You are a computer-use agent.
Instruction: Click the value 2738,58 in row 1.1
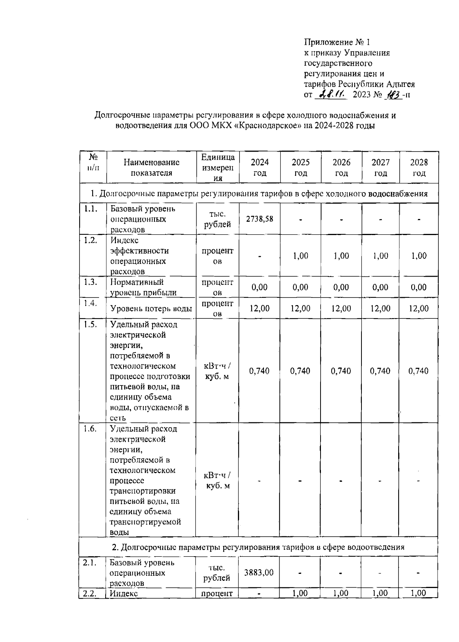pos(259,219)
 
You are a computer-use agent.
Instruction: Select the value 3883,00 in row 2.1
pos(259,572)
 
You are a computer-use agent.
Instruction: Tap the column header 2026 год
pos(341,168)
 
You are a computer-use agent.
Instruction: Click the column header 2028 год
pos(419,168)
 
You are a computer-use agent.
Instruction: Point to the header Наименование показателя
pos(151,168)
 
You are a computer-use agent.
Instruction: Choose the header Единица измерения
pos(218,168)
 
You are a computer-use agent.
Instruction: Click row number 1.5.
pos(90,324)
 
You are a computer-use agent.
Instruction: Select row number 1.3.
pos(90,282)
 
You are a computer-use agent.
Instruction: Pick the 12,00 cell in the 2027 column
pos(380,309)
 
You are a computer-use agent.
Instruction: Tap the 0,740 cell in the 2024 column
pos(259,371)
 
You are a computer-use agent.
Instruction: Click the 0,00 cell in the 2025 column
pos(300,287)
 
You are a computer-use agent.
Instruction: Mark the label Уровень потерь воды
pos(151,309)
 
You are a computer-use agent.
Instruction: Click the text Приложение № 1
pos(337,42)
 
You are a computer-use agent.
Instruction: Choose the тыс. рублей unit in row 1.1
pos(217,219)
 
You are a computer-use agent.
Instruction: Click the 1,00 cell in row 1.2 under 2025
pos(301,256)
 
